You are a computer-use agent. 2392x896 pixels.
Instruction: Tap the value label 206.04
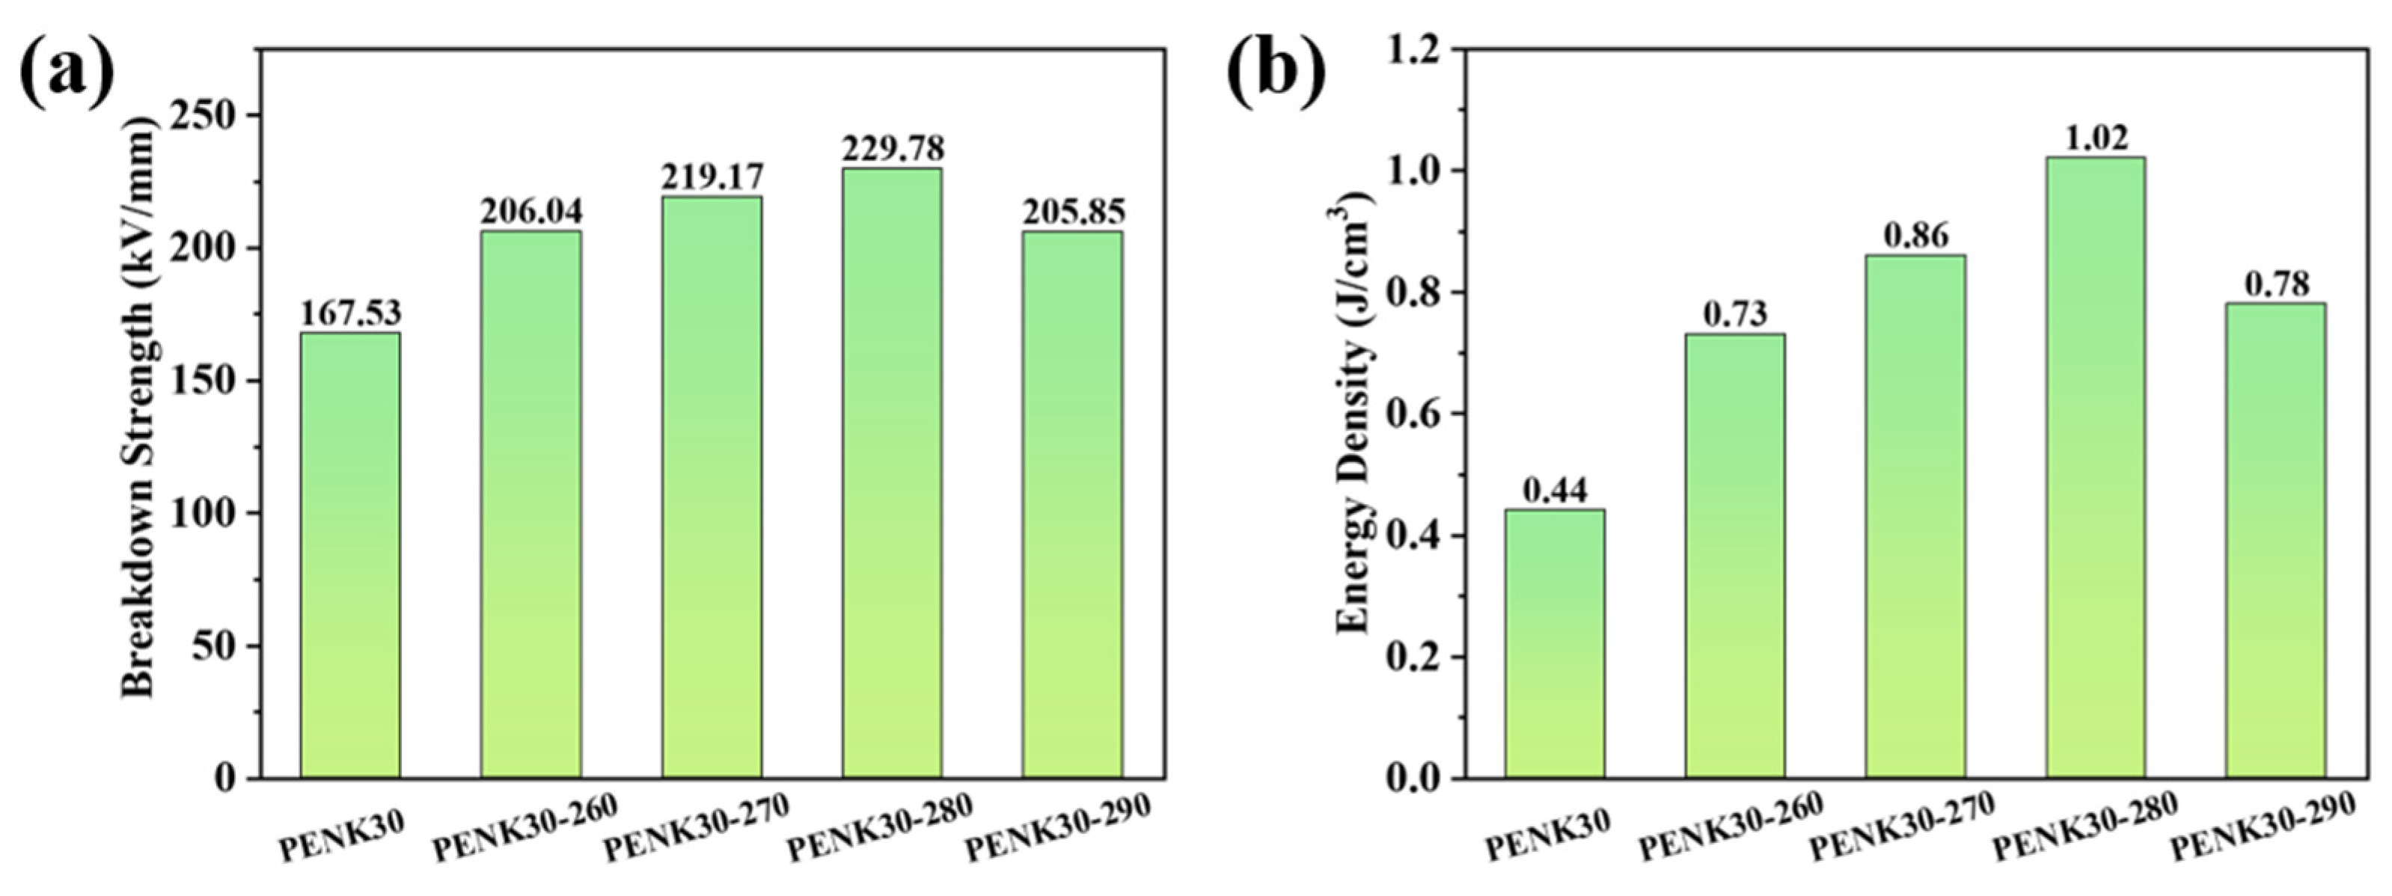530,212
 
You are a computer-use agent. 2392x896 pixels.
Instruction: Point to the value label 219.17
712,177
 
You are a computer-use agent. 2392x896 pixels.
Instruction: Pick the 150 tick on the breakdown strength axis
213,381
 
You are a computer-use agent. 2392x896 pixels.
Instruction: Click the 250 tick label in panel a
213,116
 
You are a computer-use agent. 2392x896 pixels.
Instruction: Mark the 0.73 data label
1734,315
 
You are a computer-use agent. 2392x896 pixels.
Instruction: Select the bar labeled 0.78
2277,539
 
